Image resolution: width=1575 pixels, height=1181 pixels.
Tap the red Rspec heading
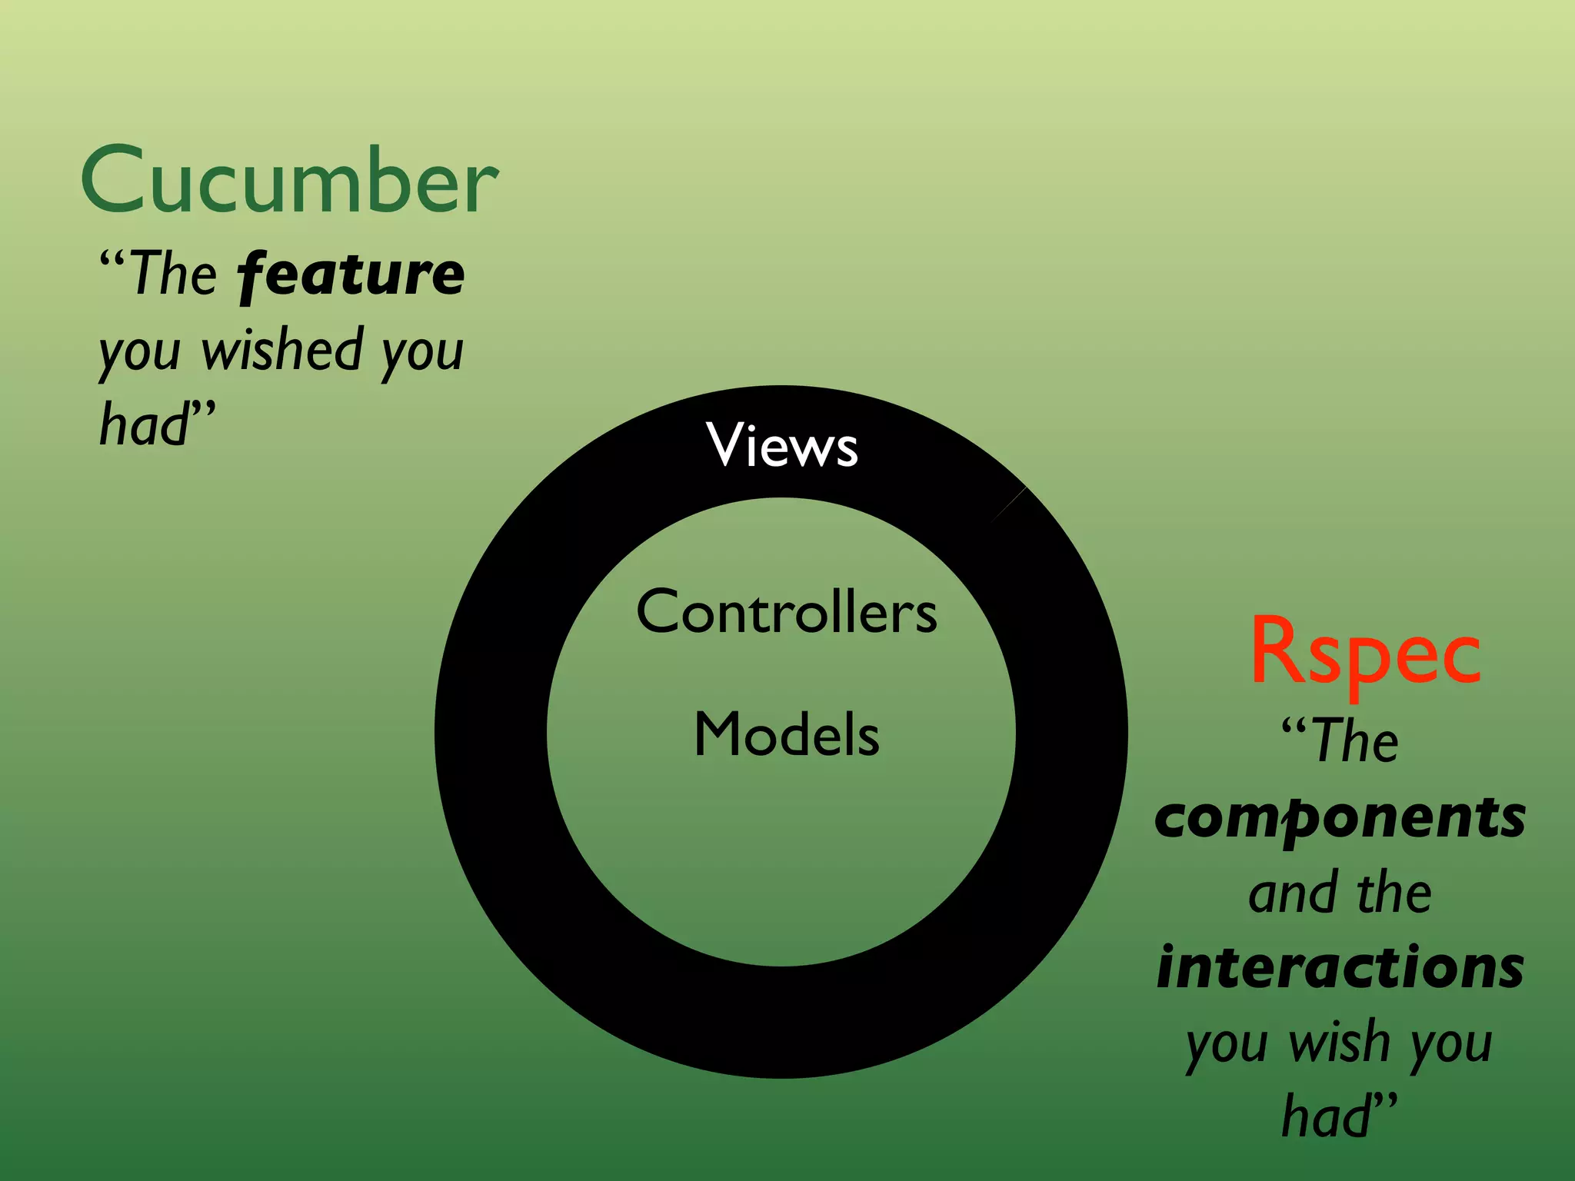1365,652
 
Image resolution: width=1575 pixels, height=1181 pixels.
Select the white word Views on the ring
781,445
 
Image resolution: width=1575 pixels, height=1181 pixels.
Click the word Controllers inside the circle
786,612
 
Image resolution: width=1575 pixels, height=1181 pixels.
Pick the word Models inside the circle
786,734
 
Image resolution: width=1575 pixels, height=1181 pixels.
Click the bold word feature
351,274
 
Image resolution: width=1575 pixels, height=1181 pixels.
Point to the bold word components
1340,818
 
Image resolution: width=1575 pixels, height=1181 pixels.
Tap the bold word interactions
1340,967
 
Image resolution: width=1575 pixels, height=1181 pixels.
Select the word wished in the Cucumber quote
282,351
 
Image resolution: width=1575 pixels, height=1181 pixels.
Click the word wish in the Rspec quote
1339,1043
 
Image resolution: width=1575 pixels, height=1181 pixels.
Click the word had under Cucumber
144,424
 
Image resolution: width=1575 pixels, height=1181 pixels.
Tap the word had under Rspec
1326,1116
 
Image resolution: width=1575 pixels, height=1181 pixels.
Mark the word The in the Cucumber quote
174,274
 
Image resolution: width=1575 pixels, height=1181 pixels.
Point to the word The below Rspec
1355,741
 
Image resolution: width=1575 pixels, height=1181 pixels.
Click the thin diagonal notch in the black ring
1008,504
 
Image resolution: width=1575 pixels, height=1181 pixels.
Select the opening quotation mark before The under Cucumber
112,258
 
